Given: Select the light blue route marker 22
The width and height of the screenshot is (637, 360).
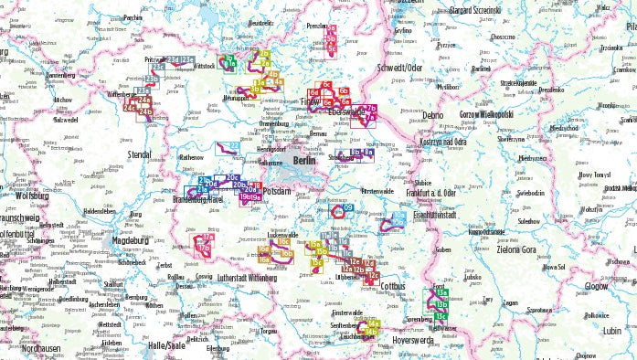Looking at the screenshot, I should (x=234, y=145).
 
